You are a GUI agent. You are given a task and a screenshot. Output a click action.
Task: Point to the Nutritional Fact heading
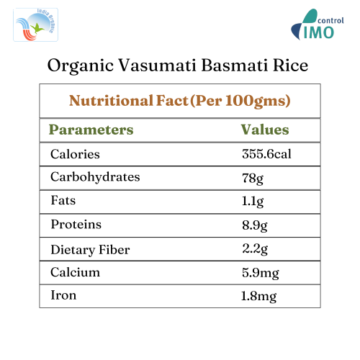(179, 101)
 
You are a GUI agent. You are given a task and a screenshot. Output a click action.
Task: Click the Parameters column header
(91, 130)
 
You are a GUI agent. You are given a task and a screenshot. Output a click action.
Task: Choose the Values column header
(264, 130)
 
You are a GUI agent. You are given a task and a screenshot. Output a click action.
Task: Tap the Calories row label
(75, 154)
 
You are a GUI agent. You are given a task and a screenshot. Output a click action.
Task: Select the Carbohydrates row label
(95, 177)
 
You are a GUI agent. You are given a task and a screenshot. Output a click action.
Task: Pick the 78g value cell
(252, 178)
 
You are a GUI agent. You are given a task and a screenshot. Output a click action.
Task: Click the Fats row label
(63, 201)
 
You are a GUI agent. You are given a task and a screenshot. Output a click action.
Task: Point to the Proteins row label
(76, 225)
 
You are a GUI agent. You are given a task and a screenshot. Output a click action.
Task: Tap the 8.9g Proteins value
(255, 225)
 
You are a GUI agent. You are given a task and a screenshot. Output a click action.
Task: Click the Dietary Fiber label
(90, 249)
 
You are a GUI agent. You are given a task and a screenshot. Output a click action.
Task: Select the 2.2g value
(255, 249)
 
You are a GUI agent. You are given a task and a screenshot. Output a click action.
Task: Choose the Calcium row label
(75, 272)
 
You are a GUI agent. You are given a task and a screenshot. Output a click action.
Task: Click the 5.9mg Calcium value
(261, 273)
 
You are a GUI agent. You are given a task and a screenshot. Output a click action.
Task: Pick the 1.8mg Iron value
(260, 296)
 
